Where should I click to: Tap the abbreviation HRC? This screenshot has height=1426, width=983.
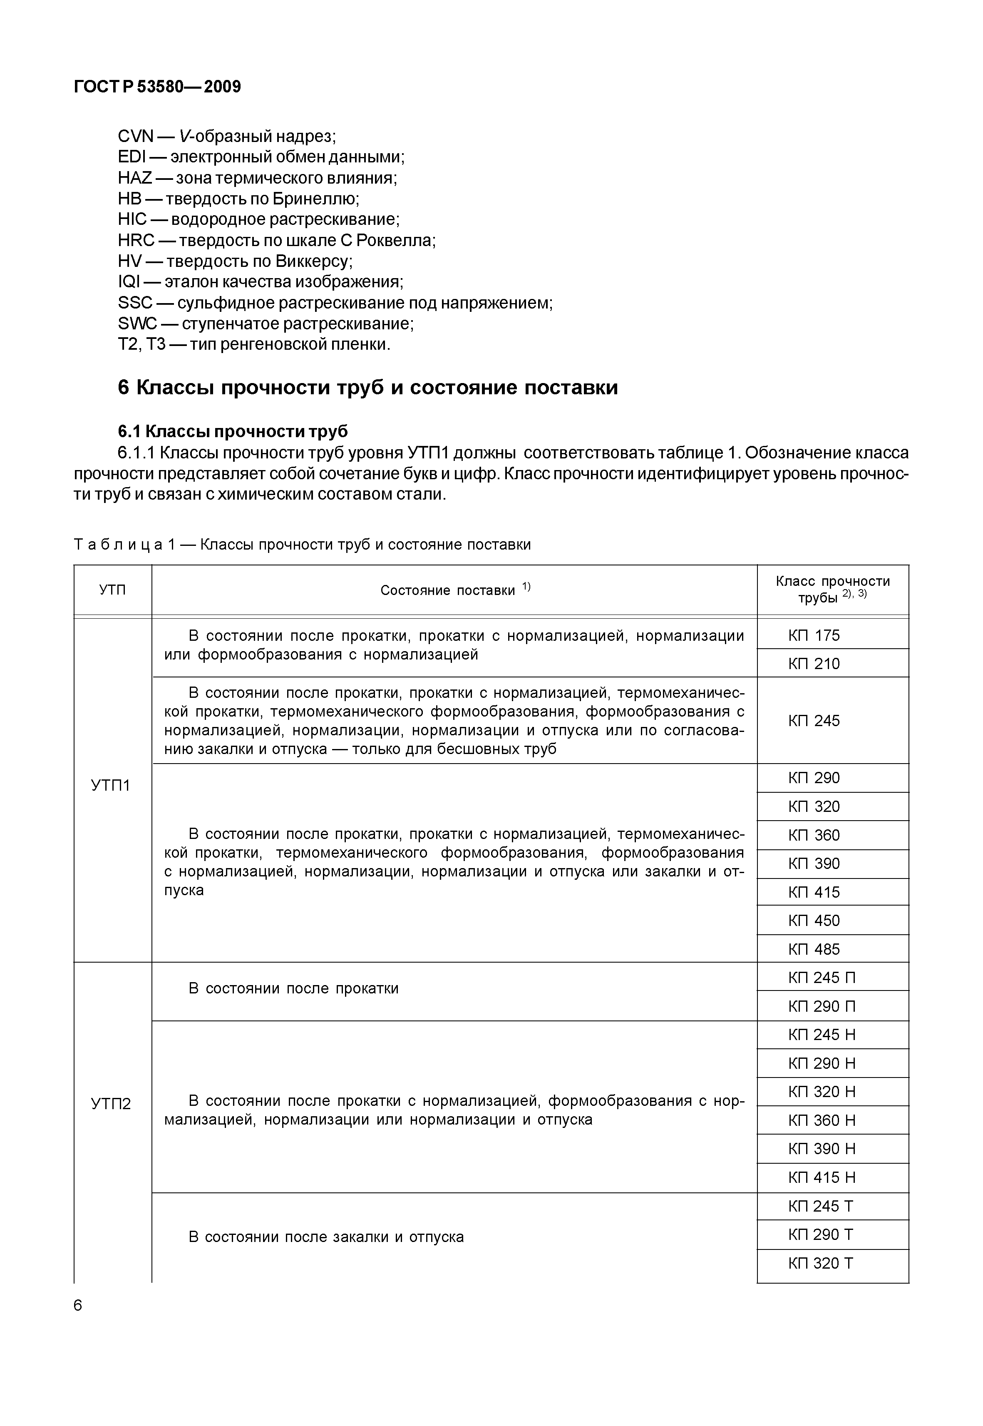pos(136,240)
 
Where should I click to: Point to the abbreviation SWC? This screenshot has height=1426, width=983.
pos(137,324)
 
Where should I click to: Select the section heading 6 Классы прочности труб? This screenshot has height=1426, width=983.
pos(368,388)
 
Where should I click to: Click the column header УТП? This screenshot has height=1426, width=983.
pos(113,590)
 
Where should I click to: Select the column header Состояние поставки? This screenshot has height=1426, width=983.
pos(448,590)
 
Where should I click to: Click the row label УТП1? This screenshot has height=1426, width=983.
pos(111,786)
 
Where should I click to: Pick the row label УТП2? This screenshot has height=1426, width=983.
pos(111,1103)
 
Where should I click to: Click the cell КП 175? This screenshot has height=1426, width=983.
pos(814,635)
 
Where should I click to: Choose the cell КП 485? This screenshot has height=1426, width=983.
pos(814,949)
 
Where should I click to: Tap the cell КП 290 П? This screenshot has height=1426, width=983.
pos(822,1006)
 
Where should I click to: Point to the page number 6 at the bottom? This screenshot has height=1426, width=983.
pos(77,1305)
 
